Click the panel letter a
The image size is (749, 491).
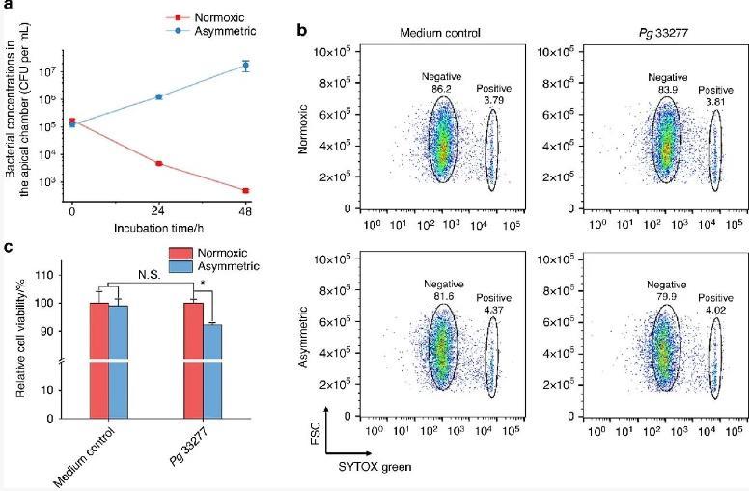tap(8, 7)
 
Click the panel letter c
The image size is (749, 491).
tap(8, 248)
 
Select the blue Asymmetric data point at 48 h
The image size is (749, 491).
tap(246, 66)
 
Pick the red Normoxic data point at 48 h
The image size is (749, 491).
tap(246, 190)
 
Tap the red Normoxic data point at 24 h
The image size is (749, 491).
tap(159, 164)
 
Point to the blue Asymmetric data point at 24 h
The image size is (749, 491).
tap(159, 96)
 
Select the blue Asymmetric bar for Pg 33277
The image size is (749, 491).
tap(213, 371)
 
